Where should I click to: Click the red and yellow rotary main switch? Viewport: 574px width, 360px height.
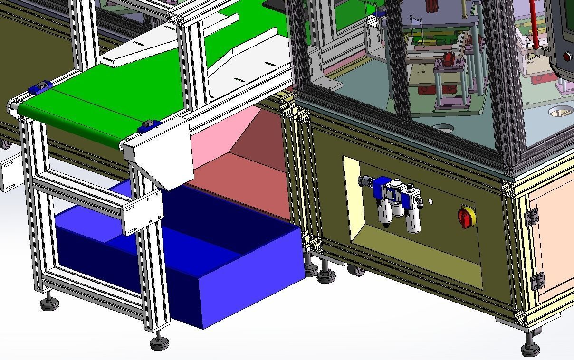467,217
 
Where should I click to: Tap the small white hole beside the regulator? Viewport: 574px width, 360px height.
430,201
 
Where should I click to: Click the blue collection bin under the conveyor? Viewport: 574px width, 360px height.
238,280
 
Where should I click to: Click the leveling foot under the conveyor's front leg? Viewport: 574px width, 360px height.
159,342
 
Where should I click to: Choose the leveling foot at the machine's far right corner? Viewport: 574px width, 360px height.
530,349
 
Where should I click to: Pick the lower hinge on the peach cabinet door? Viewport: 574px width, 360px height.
537,281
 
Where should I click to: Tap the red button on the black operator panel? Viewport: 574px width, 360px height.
567,56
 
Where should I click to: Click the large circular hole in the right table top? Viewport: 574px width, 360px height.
561,112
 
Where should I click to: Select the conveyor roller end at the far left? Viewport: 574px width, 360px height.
12,107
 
